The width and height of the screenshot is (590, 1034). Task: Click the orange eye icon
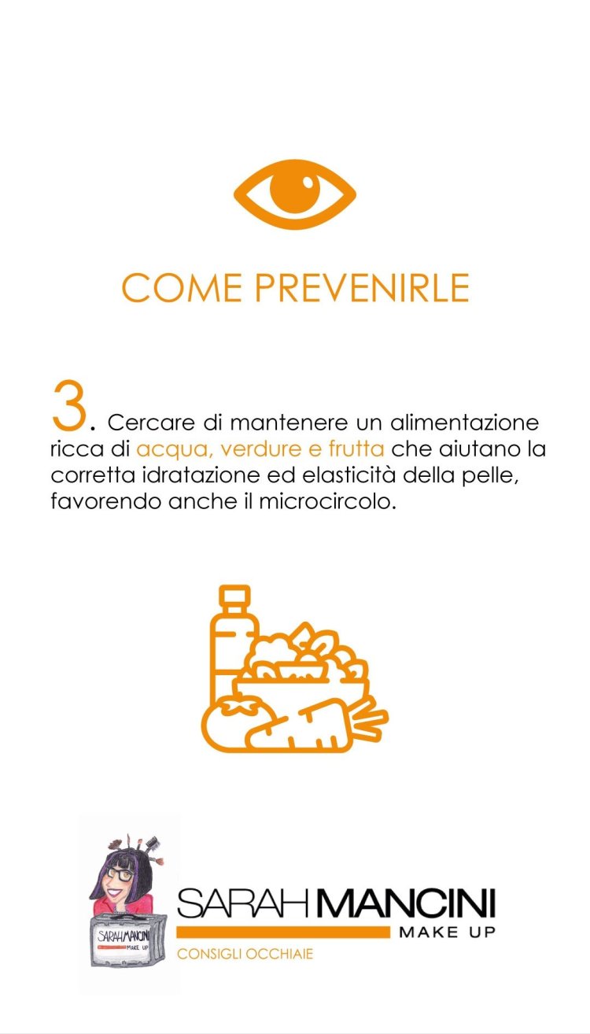[295, 194]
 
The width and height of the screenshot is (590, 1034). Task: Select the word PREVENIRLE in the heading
[362, 287]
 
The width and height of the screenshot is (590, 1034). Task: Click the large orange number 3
[69, 404]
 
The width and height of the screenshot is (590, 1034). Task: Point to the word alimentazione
[465, 423]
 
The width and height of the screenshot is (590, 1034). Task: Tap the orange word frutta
[356, 449]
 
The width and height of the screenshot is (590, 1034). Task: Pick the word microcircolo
[327, 501]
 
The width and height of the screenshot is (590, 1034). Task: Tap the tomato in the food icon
[238, 724]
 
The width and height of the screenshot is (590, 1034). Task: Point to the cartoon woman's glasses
[119, 873]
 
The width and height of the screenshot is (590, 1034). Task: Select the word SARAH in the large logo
[242, 903]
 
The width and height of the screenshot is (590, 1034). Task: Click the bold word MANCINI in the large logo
[401, 903]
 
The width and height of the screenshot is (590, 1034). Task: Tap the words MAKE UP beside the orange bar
[447, 932]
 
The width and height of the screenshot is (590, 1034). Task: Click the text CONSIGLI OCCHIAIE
[245, 954]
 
